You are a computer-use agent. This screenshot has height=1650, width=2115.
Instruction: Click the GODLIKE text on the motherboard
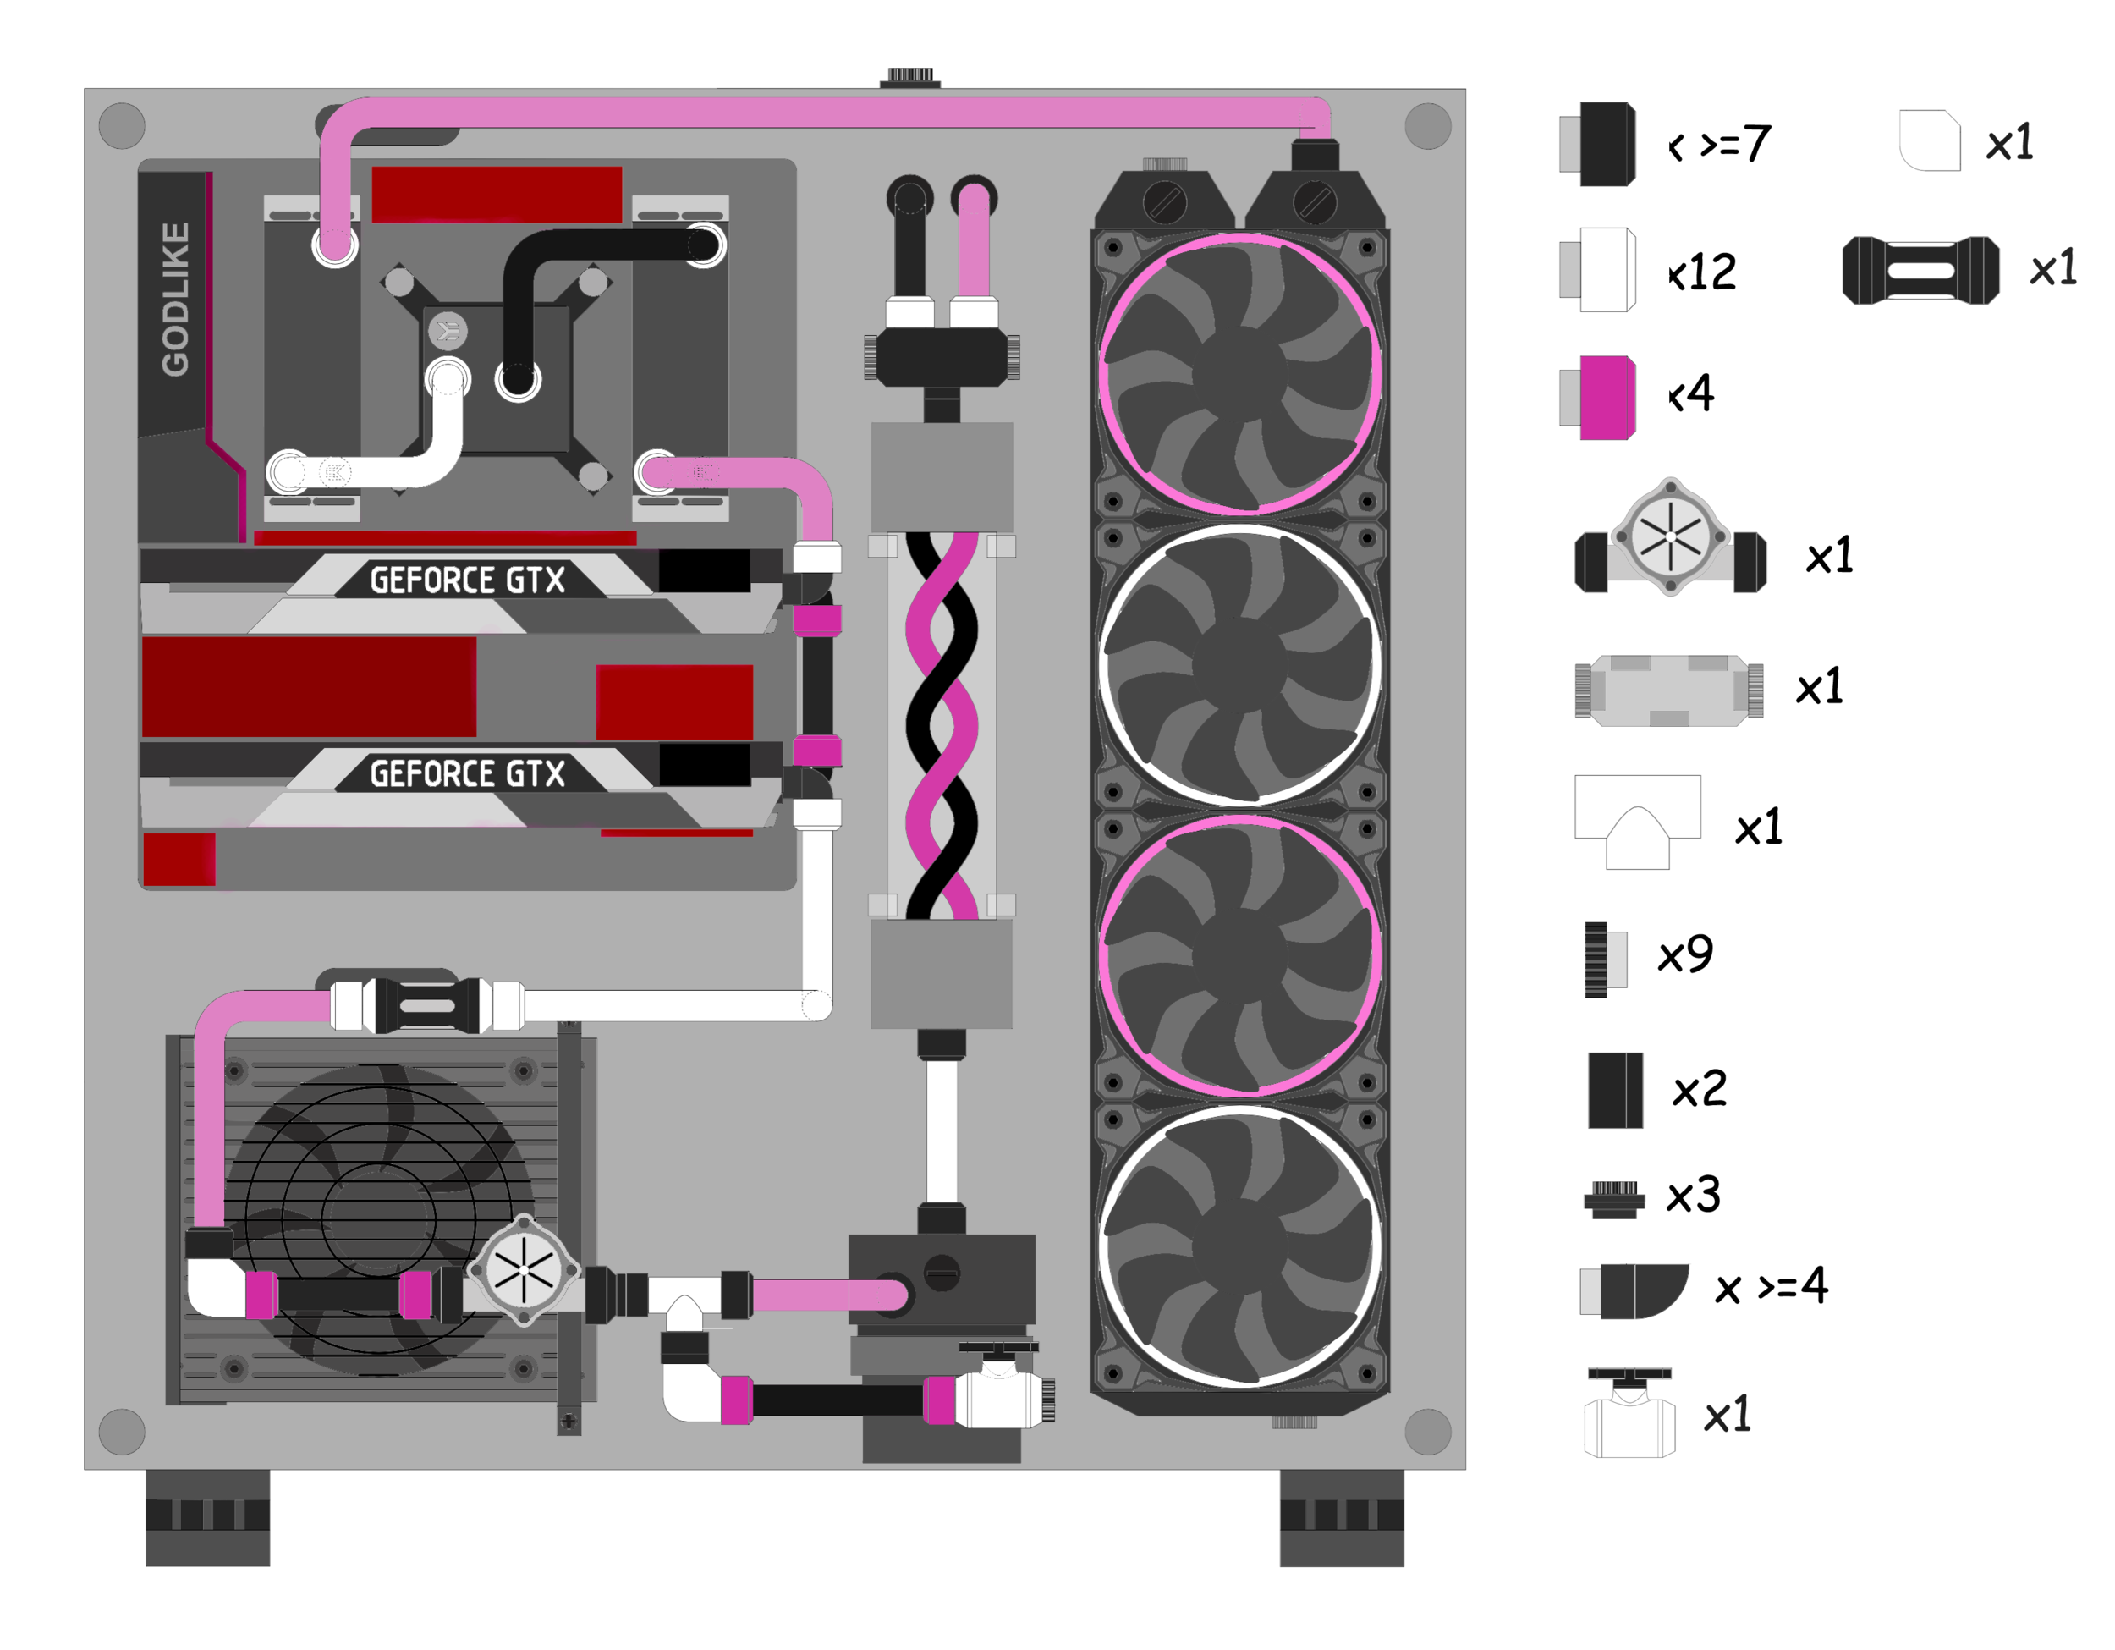pos(175,300)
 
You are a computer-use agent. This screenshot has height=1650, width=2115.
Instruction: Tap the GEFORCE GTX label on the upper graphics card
pos(468,581)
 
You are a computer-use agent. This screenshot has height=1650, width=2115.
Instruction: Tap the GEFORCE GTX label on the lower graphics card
pos(468,774)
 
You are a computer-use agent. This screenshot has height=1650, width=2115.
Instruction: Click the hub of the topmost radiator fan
pos(1239,375)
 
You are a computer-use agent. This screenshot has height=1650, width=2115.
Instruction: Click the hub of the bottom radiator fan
pos(1239,1247)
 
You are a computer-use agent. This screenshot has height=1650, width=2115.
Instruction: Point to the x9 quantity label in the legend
pos(1685,955)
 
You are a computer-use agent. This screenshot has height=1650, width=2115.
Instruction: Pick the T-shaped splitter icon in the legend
pos(1638,822)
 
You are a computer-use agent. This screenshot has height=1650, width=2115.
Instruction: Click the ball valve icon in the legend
pos(1630,1413)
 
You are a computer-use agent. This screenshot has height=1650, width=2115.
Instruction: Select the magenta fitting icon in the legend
pos(1607,398)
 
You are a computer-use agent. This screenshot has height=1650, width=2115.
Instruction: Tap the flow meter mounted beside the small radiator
pos(524,1269)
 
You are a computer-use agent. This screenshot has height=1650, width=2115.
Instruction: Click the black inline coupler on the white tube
pos(428,1006)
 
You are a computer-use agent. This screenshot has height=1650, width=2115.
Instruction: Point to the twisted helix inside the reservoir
pos(942,726)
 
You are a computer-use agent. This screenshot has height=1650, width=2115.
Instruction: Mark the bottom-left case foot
pos(207,1517)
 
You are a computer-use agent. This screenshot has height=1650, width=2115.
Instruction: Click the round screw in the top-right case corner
pos(1427,126)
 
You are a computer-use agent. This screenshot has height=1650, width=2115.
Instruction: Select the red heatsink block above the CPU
pos(497,195)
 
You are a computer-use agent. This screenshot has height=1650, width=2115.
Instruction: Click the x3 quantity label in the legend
pos(1693,1196)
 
